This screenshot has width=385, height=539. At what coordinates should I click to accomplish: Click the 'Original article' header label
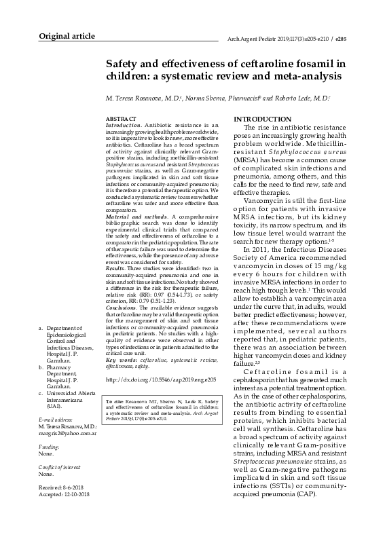[67, 35]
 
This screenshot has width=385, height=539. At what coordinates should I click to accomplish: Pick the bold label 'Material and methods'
[129, 217]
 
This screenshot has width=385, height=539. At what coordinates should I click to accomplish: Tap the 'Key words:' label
[120, 359]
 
